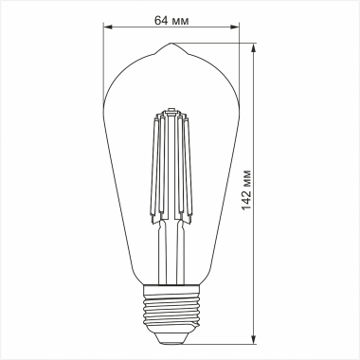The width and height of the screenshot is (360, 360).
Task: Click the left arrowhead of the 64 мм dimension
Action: coord(107,28)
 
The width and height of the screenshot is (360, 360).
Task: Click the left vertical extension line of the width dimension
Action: coord(102,57)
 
